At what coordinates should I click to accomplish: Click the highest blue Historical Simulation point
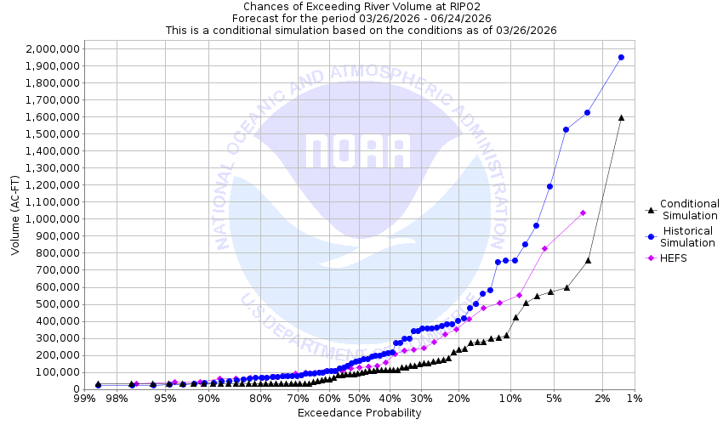pyautogui.click(x=621, y=57)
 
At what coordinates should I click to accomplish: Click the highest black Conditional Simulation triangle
pyautogui.click(x=621, y=117)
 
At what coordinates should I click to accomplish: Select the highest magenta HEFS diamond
pyautogui.click(x=583, y=212)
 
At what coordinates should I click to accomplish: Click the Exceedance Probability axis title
pyautogui.click(x=359, y=413)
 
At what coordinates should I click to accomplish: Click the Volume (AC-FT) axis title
pyautogui.click(x=15, y=218)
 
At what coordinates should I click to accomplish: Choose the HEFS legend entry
pyautogui.click(x=672, y=258)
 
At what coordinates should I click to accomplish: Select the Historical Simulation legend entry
pyautogui.click(x=687, y=236)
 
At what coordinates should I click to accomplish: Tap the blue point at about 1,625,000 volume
pyautogui.click(x=587, y=112)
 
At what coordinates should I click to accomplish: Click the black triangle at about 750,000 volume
pyautogui.click(x=588, y=260)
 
